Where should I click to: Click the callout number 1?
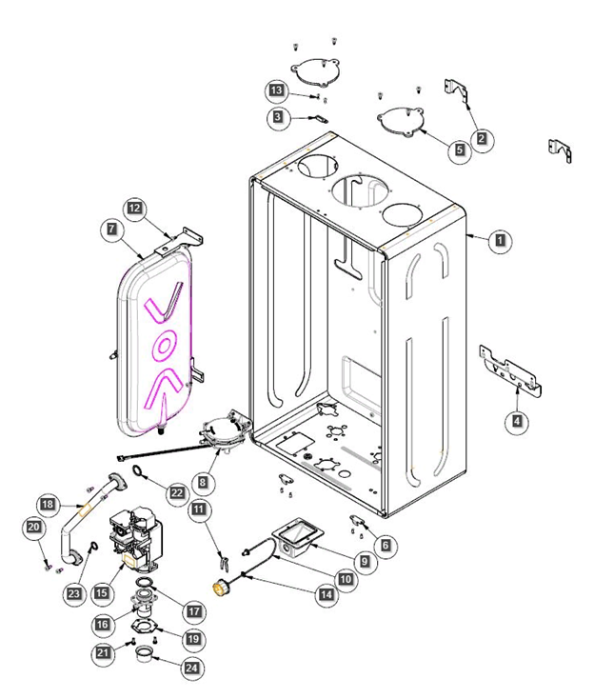click(498, 242)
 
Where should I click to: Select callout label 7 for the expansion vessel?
click(111, 230)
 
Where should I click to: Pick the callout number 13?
click(276, 90)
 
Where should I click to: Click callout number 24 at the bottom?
click(192, 669)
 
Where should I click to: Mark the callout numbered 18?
click(45, 503)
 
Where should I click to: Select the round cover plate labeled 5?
click(402, 122)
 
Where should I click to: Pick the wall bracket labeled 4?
click(510, 369)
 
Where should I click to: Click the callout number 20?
click(34, 527)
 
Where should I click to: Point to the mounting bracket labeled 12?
click(185, 237)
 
